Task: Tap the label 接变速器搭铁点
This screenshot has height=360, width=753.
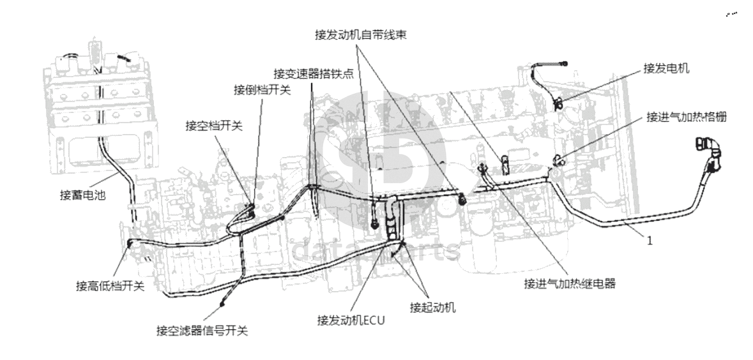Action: [313, 74]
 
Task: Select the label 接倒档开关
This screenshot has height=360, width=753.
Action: [262, 90]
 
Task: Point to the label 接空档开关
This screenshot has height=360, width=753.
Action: [214, 126]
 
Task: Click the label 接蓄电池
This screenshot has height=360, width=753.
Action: [82, 195]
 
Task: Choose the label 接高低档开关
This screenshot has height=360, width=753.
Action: [110, 286]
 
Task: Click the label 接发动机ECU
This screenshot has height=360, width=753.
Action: [351, 320]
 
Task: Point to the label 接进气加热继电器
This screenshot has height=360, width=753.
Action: [570, 283]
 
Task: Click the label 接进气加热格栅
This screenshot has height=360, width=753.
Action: [686, 117]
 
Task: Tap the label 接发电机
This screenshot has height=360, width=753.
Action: [666, 69]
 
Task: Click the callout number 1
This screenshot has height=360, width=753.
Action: [650, 241]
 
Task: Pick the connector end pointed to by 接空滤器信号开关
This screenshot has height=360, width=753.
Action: [222, 303]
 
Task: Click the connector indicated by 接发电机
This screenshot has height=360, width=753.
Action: [558, 101]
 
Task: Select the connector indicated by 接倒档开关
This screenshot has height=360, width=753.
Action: [251, 207]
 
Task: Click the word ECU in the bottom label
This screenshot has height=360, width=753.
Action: [374, 320]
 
